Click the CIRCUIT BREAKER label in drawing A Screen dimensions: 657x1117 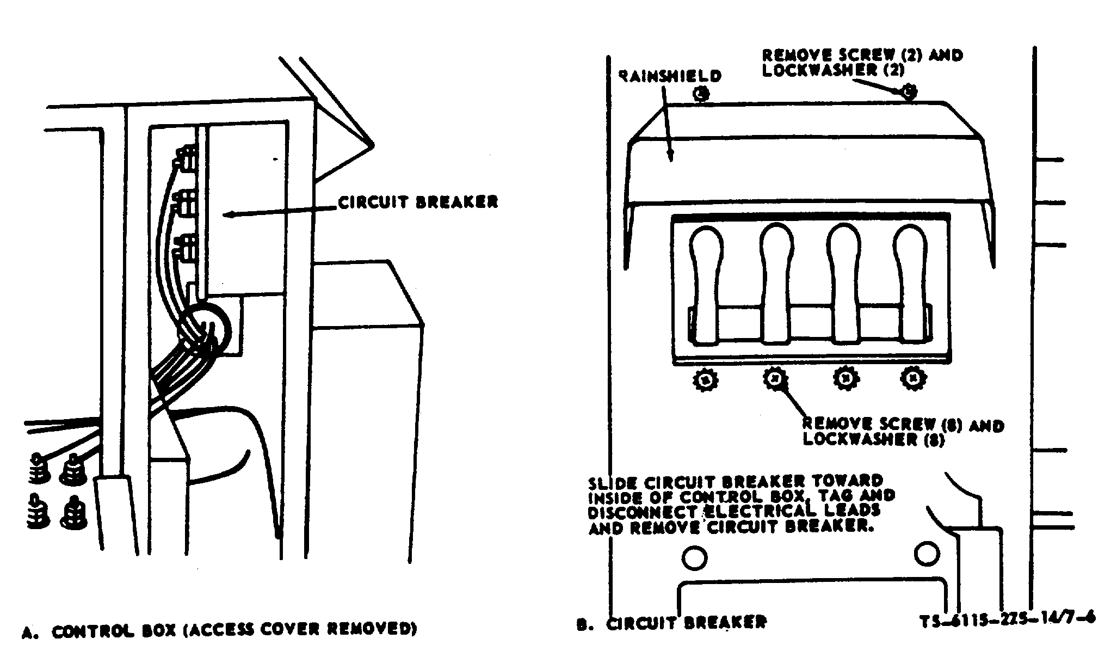tap(418, 202)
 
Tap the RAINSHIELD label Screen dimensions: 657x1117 tap(670, 76)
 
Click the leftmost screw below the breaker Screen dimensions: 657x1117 tap(706, 379)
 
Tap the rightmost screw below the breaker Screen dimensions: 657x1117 tap(912, 377)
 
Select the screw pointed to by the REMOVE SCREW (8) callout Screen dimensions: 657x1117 tap(775, 378)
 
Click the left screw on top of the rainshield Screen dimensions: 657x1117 tap(702, 94)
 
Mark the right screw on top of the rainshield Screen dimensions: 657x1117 tap(908, 92)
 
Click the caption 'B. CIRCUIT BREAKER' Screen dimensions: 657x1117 tap(671, 624)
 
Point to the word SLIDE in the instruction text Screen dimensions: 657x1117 tap(613, 483)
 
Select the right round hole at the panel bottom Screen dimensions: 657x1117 tap(927, 554)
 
